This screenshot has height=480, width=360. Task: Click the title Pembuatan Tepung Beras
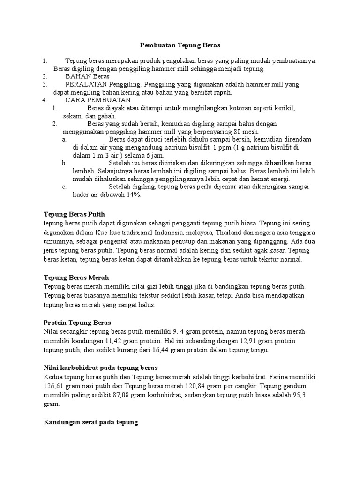(x=180, y=45)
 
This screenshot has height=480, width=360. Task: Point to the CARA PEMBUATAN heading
(x=98, y=100)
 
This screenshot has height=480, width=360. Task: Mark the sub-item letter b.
(x=64, y=163)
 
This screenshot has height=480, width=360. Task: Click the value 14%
(x=133, y=195)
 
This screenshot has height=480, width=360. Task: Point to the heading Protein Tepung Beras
(x=77, y=322)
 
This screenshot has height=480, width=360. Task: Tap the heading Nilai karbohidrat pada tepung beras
(x=100, y=367)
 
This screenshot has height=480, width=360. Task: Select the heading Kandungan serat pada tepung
(x=90, y=422)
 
